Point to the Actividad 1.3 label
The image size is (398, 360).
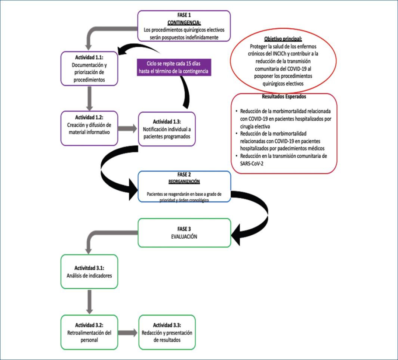pos(167,121)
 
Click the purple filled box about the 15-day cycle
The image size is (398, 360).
pos(173,67)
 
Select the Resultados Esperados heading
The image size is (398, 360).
pos(284,96)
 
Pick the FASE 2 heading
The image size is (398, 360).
pos(184,175)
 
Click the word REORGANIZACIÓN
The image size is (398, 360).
pos(184,181)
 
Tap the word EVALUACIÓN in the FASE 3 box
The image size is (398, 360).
pos(184,236)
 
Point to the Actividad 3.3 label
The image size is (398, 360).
pos(167,325)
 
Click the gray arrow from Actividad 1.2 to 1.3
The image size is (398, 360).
pos(127,129)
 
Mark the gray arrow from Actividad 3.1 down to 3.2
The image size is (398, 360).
pos(89,301)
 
